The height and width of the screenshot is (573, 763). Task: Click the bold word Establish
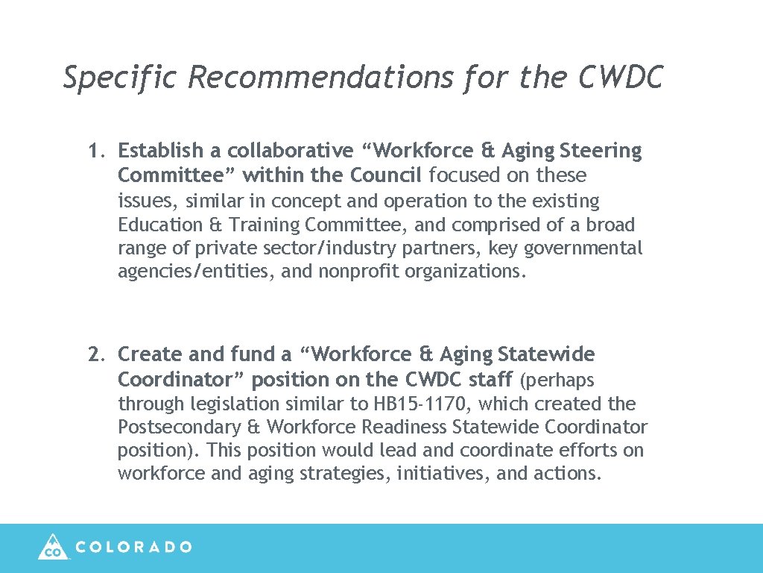160,151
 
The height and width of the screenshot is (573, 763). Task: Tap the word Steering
601,151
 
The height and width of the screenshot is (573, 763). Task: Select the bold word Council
387,175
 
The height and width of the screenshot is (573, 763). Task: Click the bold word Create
148,354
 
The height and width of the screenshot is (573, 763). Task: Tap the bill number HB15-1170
421,404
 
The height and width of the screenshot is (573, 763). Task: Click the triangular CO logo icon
53,547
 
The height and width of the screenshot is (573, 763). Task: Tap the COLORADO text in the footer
134,547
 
